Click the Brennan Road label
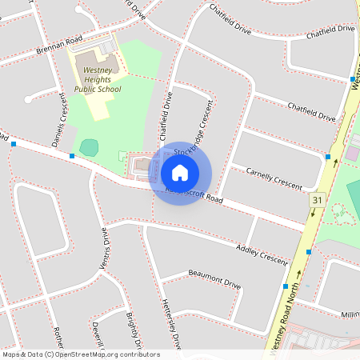[x=59, y=49]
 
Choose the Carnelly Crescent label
[x=274, y=178]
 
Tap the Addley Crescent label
[x=262, y=254]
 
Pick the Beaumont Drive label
[x=214, y=278]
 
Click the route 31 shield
[x=318, y=198]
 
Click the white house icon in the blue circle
[x=180, y=172]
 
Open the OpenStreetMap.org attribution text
[x=80, y=354]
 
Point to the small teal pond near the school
[x=89, y=147]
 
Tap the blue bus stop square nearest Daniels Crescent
[x=72, y=155]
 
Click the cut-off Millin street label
[x=350, y=315]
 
